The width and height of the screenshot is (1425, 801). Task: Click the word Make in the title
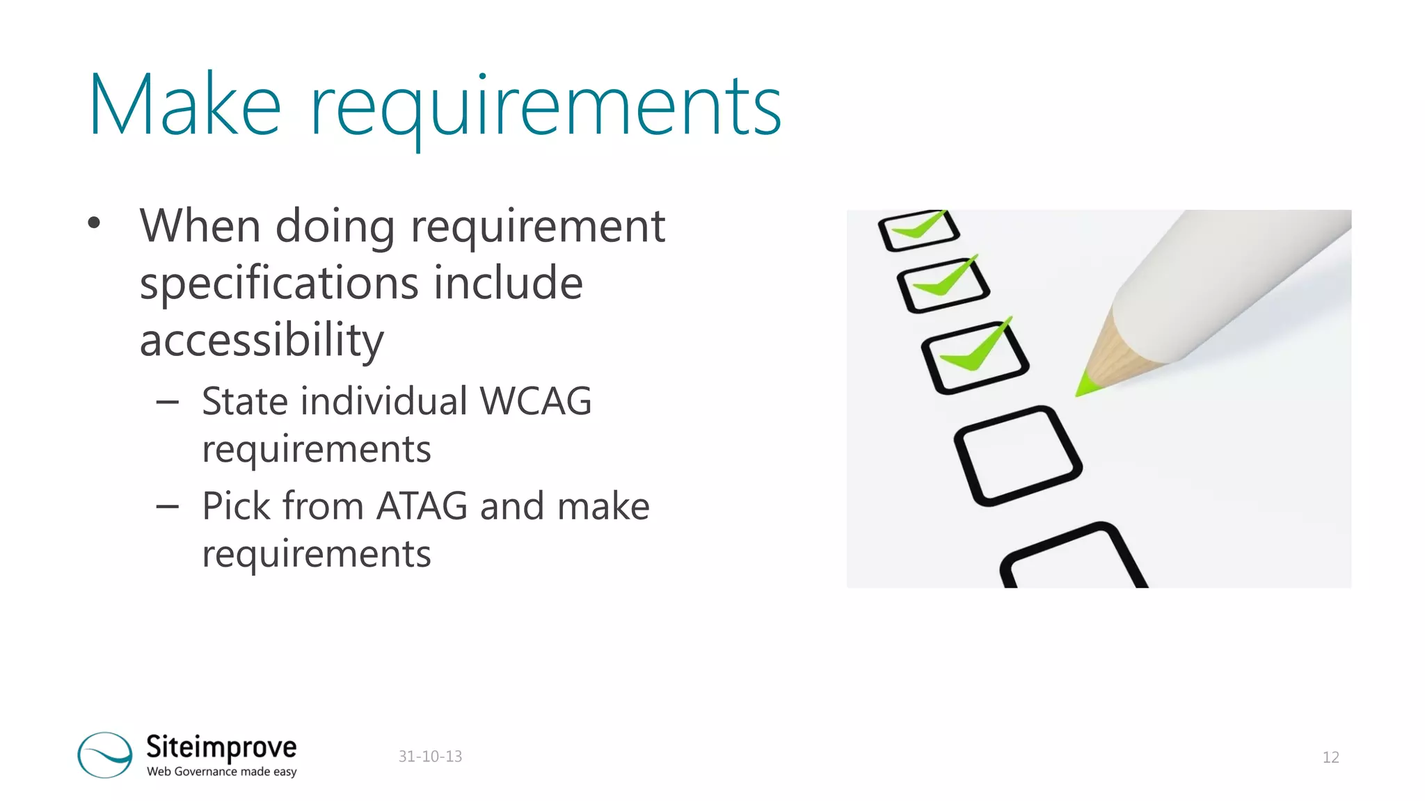pyautogui.click(x=184, y=106)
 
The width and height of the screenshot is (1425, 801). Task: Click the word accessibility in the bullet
pyautogui.click(x=262, y=341)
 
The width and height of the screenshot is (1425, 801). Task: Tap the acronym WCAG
pyautogui.click(x=536, y=401)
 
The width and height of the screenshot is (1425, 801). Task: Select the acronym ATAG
pyautogui.click(x=422, y=505)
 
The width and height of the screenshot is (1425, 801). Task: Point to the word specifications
pyautogui.click(x=278, y=284)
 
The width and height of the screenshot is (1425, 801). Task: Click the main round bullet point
pyautogui.click(x=94, y=223)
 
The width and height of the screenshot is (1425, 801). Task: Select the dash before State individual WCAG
pyautogui.click(x=168, y=402)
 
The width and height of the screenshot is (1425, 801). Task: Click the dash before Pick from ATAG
pyautogui.click(x=168, y=507)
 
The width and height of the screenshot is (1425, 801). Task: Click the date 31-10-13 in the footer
pyautogui.click(x=430, y=756)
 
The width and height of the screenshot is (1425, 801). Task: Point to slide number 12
pyautogui.click(x=1330, y=757)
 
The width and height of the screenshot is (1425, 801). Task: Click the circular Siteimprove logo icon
pyautogui.click(x=105, y=754)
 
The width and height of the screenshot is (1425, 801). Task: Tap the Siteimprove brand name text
pyautogui.click(x=221, y=747)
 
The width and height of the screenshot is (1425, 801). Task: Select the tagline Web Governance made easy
pyautogui.click(x=221, y=772)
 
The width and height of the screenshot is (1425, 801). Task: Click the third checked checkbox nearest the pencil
pyautogui.click(x=974, y=356)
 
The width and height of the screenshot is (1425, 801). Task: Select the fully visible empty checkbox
pyautogui.click(x=1018, y=455)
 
